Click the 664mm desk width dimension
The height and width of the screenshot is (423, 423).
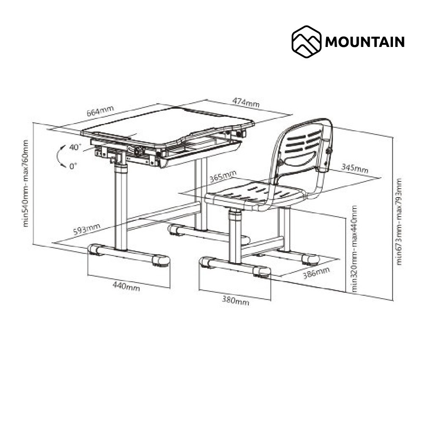(x=100, y=111)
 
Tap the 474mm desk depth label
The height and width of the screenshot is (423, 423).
(x=246, y=102)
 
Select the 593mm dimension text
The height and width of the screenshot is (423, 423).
(x=87, y=229)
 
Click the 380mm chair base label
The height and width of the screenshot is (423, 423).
(x=236, y=300)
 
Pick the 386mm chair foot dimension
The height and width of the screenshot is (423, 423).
(x=316, y=273)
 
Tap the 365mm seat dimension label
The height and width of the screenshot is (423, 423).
(x=223, y=176)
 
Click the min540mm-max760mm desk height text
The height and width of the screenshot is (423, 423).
(x=26, y=183)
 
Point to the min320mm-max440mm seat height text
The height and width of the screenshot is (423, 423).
(x=354, y=249)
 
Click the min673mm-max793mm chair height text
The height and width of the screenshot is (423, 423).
(x=399, y=222)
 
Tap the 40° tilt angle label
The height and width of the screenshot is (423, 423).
(x=75, y=147)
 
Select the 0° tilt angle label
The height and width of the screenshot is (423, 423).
(x=73, y=166)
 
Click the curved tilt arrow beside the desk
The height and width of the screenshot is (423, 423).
(x=58, y=157)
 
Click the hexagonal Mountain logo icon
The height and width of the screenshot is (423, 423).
(x=306, y=41)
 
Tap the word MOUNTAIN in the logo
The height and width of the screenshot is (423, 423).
(x=365, y=42)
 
